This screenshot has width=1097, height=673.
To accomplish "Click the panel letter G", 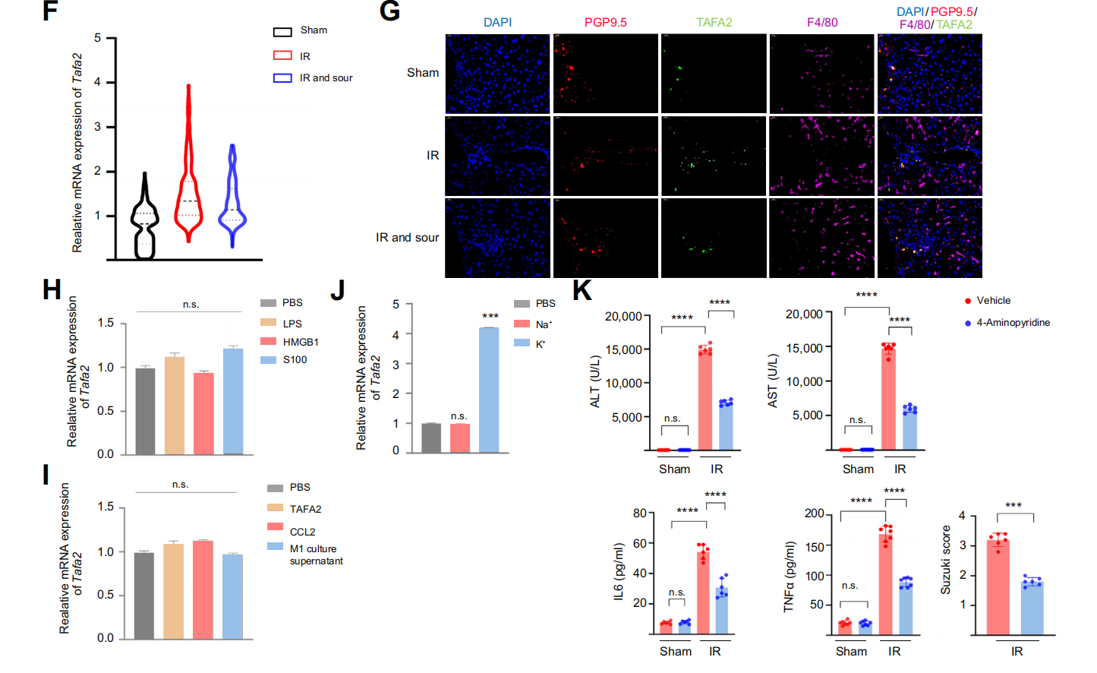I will [389, 11].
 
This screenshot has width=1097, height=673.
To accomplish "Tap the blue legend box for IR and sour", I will [282, 78].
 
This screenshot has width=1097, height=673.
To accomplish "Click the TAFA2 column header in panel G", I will [714, 23].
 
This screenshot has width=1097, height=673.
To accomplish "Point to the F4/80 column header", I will [822, 23].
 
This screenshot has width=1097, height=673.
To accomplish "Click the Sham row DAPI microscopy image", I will [497, 74].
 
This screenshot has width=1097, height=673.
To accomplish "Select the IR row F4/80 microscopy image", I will [822, 156].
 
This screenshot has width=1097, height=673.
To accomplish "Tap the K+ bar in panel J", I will [489, 390].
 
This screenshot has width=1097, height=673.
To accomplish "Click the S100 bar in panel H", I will [233, 401].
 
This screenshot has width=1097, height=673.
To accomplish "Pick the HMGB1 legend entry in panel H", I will [300, 342].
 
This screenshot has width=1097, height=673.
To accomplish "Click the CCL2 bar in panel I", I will [203, 589].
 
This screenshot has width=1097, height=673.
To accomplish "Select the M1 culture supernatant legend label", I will [316, 555].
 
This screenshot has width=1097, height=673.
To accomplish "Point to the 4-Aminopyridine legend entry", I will [1013, 323].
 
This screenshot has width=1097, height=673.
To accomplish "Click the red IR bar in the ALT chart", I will [705, 400].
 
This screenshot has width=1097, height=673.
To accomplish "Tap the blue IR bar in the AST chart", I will [909, 430].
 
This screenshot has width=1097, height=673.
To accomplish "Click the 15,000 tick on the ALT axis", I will [623, 350].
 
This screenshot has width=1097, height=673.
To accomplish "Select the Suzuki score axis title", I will [946, 560].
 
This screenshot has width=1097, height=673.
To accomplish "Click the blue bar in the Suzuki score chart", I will [1032, 608].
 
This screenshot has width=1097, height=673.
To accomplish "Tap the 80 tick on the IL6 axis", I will [640, 513].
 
